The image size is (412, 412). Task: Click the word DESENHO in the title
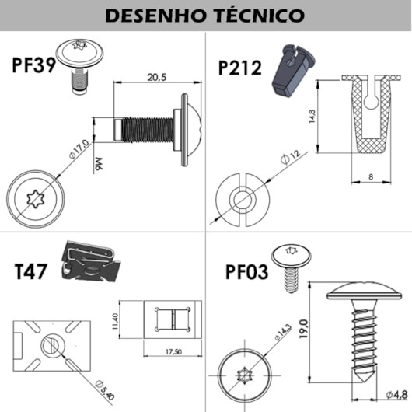(x=153, y=16)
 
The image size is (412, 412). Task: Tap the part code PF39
(x=33, y=65)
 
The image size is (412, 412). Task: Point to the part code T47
(x=32, y=272)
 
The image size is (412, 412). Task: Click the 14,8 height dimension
(x=312, y=117)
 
